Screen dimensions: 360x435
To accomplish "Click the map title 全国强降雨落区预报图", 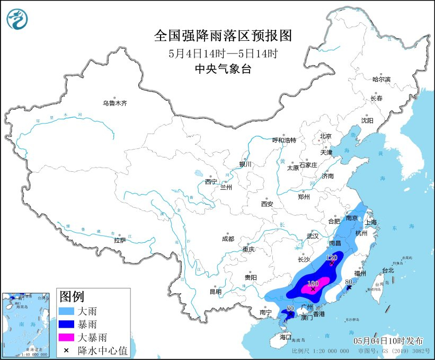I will coord(223,36).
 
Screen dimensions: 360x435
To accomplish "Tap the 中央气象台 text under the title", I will coord(223,68).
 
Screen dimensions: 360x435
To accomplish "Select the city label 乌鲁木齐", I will coord(115,103).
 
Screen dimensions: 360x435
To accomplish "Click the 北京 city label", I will coord(325,136).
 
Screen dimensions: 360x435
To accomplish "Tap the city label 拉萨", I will coord(120,240).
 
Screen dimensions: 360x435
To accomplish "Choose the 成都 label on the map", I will coord(228,239).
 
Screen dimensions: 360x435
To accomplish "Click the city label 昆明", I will coord(215,291).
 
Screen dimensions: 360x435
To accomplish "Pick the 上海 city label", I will coord(370,222).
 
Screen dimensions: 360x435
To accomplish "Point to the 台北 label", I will coord(388,270).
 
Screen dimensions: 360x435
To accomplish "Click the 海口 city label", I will coord(286,337).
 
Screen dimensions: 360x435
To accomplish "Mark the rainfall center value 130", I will coord(313,283).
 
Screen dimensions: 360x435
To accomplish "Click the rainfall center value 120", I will coord(332,258).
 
